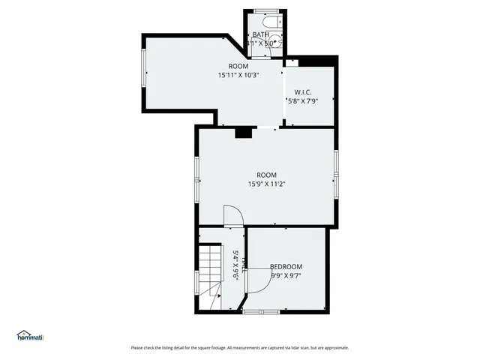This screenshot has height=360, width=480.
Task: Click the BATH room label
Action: [x=260, y=34]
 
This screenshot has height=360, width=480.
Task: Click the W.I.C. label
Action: [x=303, y=91]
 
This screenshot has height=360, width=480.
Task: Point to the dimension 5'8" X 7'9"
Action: [x=303, y=100]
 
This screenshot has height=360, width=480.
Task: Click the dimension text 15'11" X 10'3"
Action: [x=238, y=75]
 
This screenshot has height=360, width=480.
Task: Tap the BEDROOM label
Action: [x=286, y=267]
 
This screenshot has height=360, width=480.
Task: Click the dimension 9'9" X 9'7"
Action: [x=286, y=276]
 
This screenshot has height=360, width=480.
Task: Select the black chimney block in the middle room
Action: [x=243, y=133]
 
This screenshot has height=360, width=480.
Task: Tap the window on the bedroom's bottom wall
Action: [x=262, y=311]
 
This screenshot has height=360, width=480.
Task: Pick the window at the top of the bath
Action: [x=265, y=10]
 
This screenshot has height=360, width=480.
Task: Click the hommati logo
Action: [x=30, y=335]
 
